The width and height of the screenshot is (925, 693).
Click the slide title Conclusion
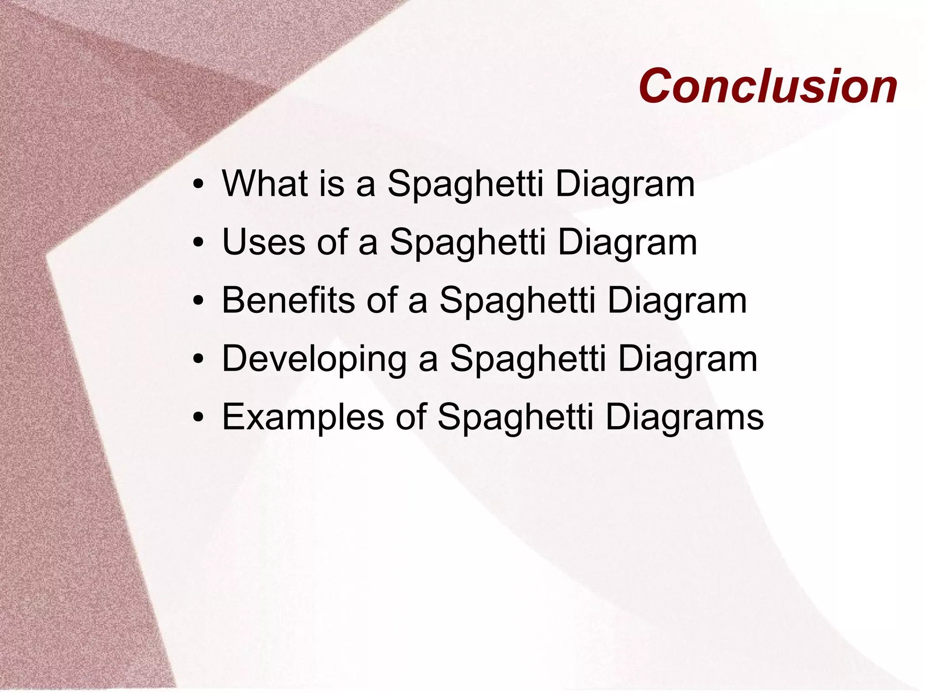point(768,86)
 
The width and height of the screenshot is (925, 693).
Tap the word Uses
point(263,242)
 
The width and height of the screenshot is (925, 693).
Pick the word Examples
point(303,417)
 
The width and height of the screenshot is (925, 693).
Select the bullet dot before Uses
point(197,243)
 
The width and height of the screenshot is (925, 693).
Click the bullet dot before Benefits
point(197,302)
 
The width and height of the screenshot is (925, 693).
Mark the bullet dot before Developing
point(197,360)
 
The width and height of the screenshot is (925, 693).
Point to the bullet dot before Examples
point(197,418)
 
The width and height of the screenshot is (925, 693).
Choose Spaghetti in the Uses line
point(467,243)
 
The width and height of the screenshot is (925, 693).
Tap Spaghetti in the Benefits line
point(517,301)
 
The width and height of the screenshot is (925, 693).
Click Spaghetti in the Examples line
point(515,418)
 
